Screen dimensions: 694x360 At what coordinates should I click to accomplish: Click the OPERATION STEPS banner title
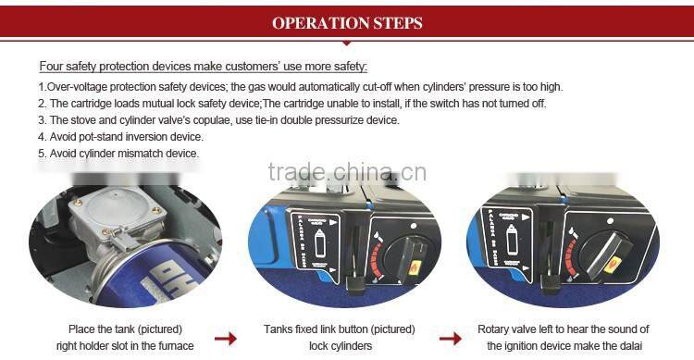click(347, 23)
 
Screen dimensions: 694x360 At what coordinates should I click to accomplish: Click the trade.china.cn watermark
click(347, 172)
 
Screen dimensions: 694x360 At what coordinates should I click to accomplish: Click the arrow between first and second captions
click(226, 339)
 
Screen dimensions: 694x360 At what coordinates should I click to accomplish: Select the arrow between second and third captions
click(451, 339)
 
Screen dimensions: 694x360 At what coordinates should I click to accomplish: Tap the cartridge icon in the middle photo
click(319, 242)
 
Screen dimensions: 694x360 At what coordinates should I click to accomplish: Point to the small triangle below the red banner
click(347, 43)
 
